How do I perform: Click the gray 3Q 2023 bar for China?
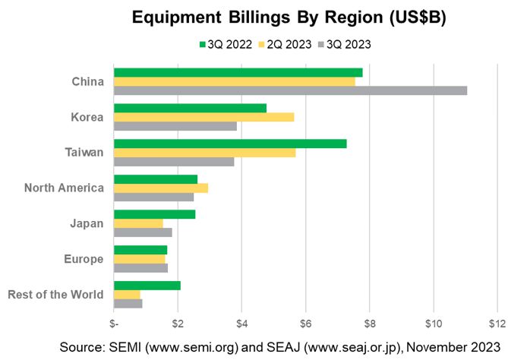pyautogui.click(x=290, y=90)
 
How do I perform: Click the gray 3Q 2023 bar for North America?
pyautogui.click(x=153, y=197)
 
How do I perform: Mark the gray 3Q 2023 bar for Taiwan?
pyautogui.click(x=174, y=161)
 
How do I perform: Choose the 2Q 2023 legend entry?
pyautogui.click(x=286, y=44)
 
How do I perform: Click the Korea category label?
pyautogui.click(x=87, y=117)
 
